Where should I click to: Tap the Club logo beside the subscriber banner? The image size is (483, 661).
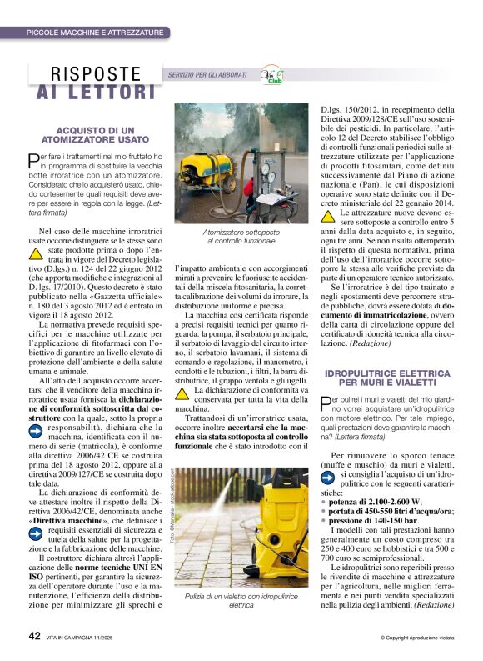click(x=272, y=75)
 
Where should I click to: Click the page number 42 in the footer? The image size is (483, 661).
click(x=36, y=636)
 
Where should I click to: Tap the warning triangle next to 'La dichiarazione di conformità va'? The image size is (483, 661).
click(x=182, y=391)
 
